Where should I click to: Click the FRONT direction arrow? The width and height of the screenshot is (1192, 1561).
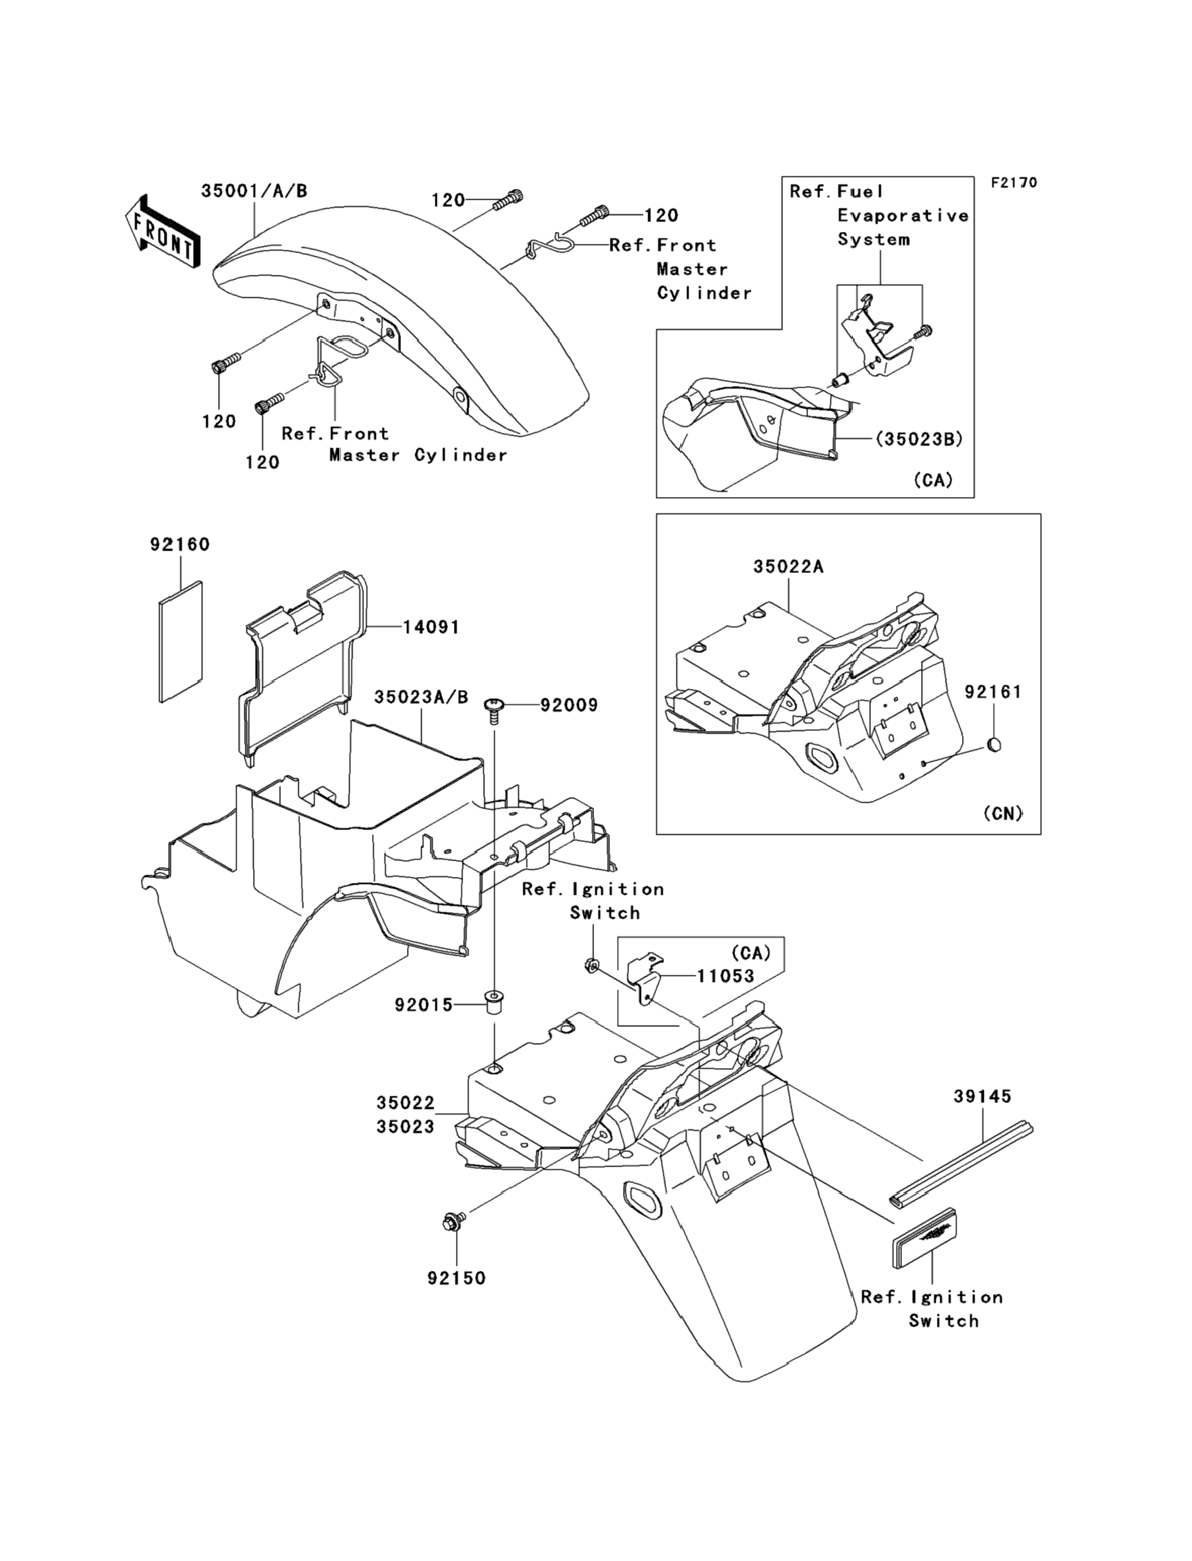point(162,232)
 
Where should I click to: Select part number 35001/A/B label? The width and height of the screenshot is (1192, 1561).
point(254,191)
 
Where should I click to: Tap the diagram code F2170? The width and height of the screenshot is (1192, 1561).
point(1014,182)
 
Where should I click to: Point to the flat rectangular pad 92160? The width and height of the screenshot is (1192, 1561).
point(180,642)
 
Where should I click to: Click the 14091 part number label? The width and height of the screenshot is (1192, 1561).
point(431,627)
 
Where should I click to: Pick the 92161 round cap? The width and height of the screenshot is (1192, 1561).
point(994,745)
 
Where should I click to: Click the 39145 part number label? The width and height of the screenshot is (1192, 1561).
point(982,1096)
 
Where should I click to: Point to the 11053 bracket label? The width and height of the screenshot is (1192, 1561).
point(725,976)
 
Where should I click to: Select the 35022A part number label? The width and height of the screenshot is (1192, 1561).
point(788,566)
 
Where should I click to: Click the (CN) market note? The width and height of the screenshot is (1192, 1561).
point(1002,813)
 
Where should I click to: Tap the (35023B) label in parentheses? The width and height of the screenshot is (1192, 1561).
point(919,439)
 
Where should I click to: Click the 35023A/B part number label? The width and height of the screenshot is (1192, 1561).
point(422,697)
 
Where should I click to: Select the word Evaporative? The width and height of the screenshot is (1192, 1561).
point(903,215)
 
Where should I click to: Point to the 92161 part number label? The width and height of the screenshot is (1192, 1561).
point(992,691)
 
